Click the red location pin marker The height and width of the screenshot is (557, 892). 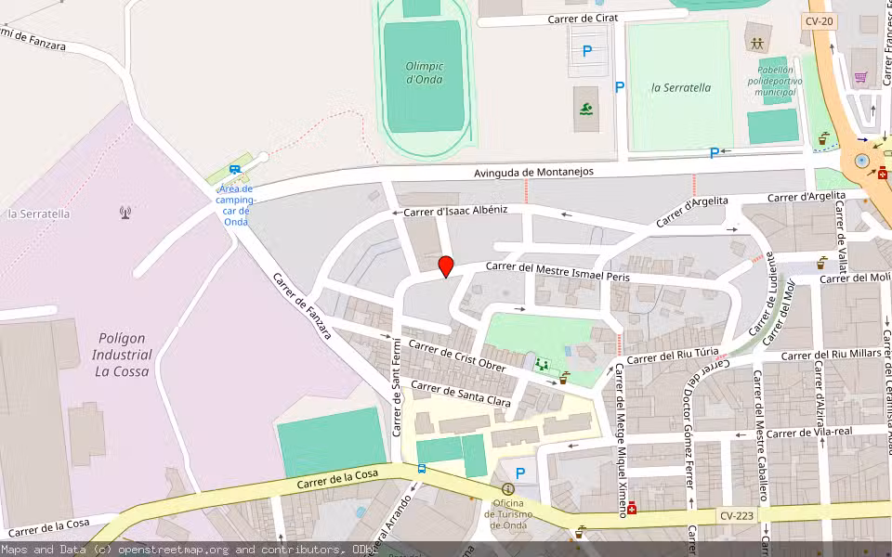pos(446,266)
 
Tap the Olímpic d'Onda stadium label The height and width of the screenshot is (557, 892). pos(425,72)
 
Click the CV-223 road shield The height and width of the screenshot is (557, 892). pos(738,515)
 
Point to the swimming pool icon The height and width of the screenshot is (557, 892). pos(586,110)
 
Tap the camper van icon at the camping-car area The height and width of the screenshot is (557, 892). pos(235,170)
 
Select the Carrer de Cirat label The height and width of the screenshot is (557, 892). pos(583,18)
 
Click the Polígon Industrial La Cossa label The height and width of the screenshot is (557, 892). pos(123,355)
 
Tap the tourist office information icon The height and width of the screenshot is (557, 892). pos(507,489)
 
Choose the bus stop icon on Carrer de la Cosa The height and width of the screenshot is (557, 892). pos(422,469)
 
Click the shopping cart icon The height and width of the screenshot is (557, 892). pos(861,77)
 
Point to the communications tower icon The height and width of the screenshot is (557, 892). pos(125,213)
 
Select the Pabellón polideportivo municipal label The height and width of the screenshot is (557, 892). pos(776,81)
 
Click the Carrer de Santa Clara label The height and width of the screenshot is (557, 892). pos(461,395)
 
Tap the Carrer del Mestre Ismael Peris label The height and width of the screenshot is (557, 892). pos(557,271)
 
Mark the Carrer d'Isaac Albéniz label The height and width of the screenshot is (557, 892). pos(455,211)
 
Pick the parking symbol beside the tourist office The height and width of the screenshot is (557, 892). pos(520,473)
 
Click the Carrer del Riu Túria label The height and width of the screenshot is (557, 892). pos(673,356)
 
